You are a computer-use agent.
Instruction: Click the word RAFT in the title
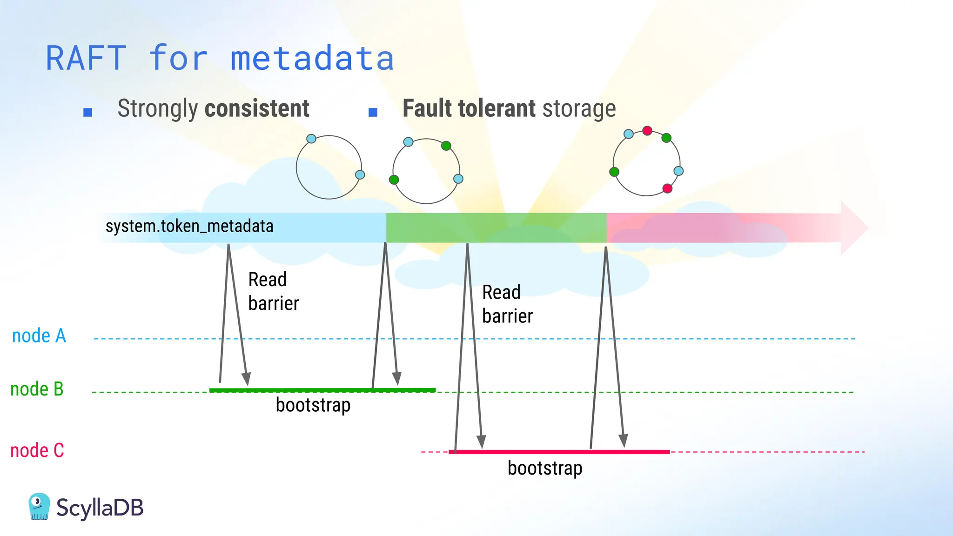tap(86, 59)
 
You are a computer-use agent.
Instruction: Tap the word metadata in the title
tap(312, 59)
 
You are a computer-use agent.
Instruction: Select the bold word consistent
tap(257, 108)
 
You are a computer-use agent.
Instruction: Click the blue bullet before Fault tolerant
tap(373, 112)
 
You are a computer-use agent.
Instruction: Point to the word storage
tap(579, 108)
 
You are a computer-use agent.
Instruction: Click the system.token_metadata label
tap(189, 227)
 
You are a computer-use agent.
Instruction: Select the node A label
tap(39, 336)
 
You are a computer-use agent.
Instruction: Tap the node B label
tap(37, 389)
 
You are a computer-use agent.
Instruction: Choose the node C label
tap(37, 450)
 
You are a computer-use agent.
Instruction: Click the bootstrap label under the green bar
tap(313, 405)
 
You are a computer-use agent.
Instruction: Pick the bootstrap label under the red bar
tap(545, 468)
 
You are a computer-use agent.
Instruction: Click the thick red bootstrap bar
tap(558, 452)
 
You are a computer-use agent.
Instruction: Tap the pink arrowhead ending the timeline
tap(854, 228)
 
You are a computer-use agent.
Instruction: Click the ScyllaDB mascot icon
tap(39, 507)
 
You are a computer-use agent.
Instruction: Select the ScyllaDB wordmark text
tap(100, 508)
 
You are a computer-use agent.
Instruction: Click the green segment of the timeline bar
tap(496, 228)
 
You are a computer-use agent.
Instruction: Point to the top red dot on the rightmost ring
tap(647, 131)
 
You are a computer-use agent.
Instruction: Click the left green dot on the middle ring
tap(394, 180)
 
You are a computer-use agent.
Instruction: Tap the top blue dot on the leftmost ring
tap(311, 139)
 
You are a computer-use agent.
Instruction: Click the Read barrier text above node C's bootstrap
tap(507, 304)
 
